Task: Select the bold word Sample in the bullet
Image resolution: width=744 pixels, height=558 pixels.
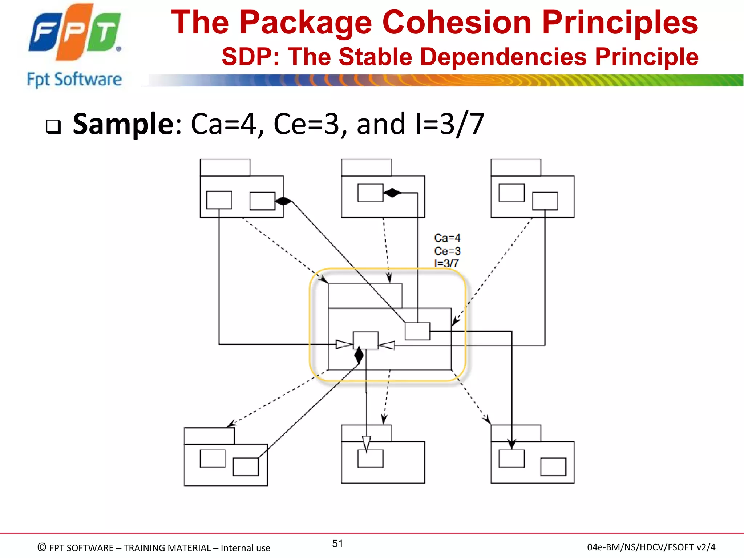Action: (124, 124)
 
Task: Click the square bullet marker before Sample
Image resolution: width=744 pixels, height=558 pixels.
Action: (53, 127)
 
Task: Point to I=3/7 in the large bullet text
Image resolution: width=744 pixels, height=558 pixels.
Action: (449, 124)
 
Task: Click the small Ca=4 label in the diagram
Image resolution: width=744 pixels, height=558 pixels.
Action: (447, 238)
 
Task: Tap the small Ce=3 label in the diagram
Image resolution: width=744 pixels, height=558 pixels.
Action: (447, 251)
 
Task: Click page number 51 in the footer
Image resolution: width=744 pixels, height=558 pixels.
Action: (337, 543)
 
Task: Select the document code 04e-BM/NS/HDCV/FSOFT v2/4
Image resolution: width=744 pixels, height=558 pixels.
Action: (651, 547)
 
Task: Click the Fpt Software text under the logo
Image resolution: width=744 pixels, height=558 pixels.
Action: (74, 79)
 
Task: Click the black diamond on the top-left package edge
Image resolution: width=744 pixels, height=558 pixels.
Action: (283, 201)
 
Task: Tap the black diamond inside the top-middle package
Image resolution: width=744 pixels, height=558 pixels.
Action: (392, 193)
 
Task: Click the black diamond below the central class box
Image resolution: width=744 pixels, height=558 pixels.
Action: (359, 355)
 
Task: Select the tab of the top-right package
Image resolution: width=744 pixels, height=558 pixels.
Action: (515, 167)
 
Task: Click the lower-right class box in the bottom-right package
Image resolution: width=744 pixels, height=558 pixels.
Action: (553, 467)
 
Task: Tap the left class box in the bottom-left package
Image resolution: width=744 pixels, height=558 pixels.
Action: (213, 458)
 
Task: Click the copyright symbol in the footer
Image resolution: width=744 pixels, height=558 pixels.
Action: (42, 547)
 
